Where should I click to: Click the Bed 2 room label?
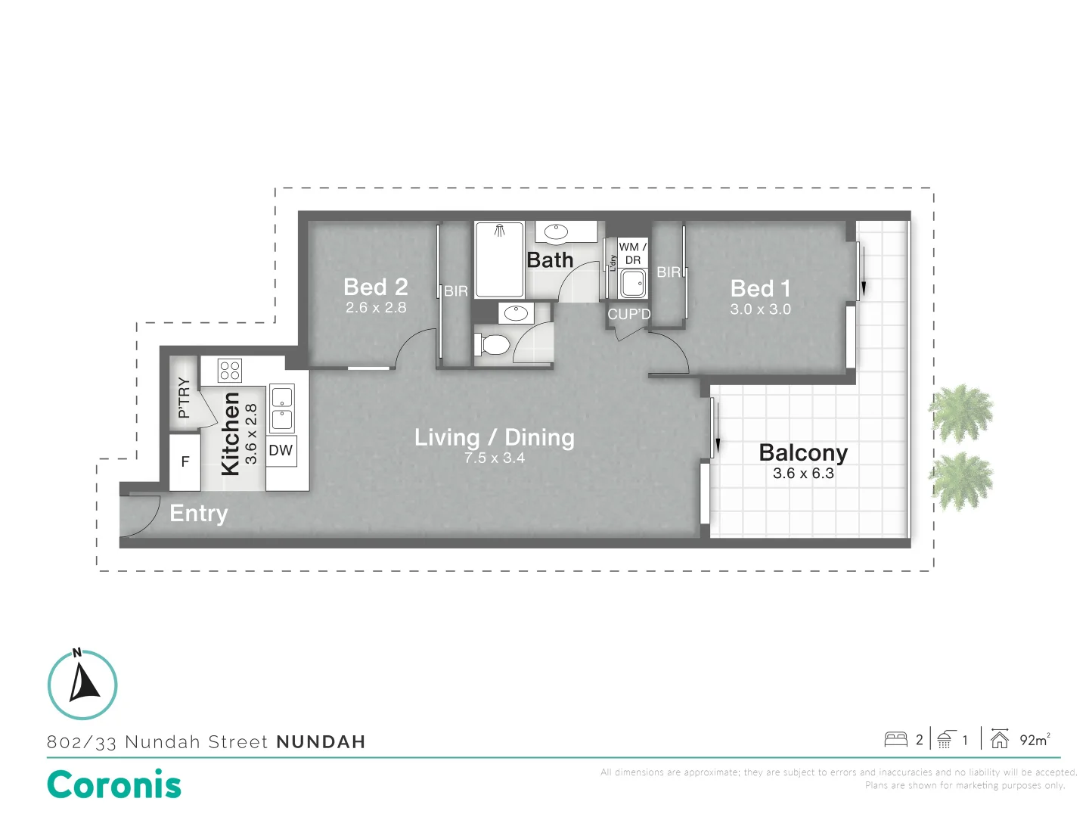point(376,287)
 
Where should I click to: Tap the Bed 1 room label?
point(760,288)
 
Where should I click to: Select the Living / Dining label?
point(494,437)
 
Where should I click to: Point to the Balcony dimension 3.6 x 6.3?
point(803,474)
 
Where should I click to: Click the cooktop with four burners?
point(230,371)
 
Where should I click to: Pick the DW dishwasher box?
point(281,451)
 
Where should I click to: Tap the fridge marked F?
point(185,462)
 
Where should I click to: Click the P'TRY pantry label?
point(184,398)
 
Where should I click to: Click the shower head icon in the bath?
point(500,230)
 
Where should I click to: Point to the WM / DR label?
point(632,253)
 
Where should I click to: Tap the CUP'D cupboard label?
point(629,315)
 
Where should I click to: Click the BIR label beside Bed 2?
point(456,291)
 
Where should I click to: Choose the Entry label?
point(198,514)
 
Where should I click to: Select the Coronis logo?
point(114,784)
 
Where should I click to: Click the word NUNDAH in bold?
point(321,742)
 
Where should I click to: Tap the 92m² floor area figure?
point(1035,740)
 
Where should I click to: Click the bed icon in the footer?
point(895,740)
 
